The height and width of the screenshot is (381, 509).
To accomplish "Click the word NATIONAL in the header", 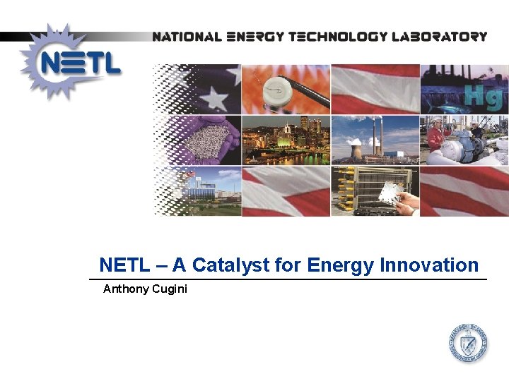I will pyautogui.click(x=185, y=36).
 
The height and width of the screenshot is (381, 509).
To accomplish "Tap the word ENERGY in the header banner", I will pyautogui.click(x=257, y=36).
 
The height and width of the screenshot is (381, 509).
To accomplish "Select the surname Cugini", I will pyautogui.click(x=170, y=289).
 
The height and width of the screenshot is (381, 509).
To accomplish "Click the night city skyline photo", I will pyautogui.click(x=286, y=140).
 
